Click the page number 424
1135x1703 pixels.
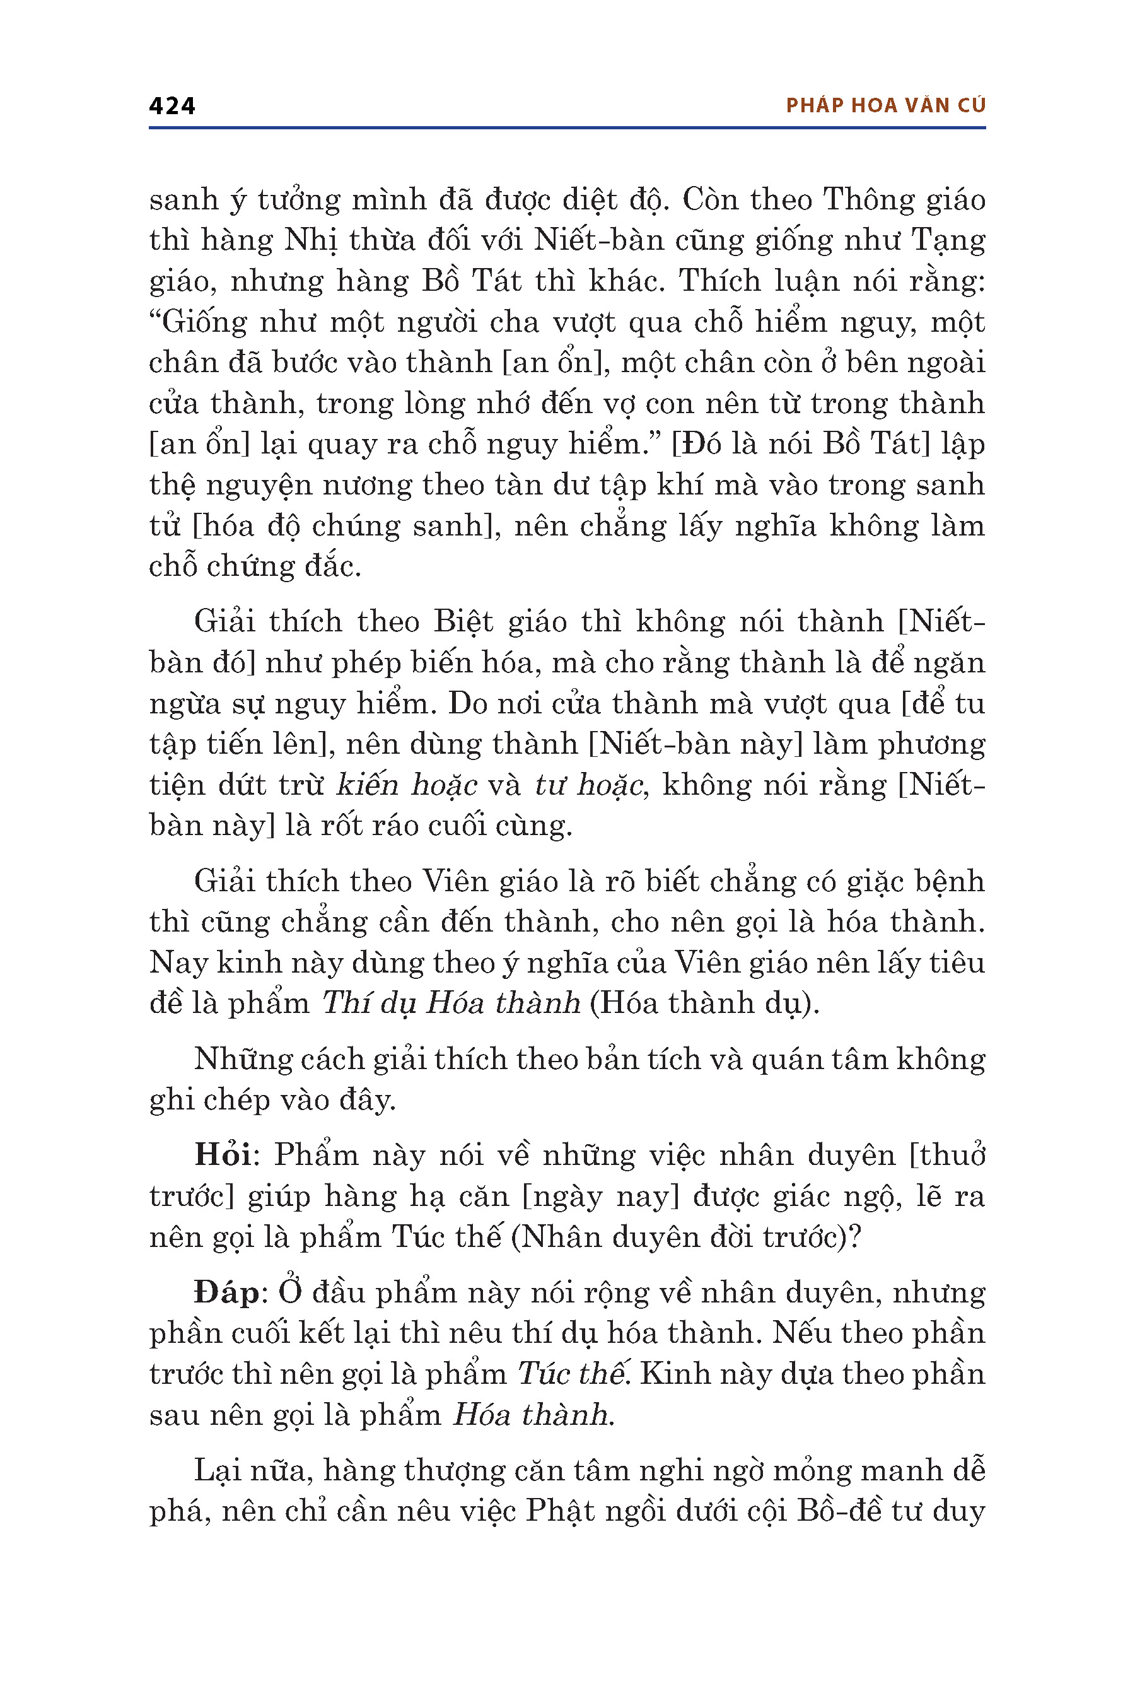coord(172,107)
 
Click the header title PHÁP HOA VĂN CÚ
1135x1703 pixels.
coord(885,106)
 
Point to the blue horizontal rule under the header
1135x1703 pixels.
coord(567,128)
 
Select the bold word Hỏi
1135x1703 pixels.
coord(223,1155)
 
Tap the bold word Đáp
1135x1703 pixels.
coord(226,1292)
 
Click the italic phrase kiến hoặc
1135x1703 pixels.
coord(407,785)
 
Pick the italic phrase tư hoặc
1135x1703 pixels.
coord(589,785)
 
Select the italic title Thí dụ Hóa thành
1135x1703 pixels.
coord(451,1004)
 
